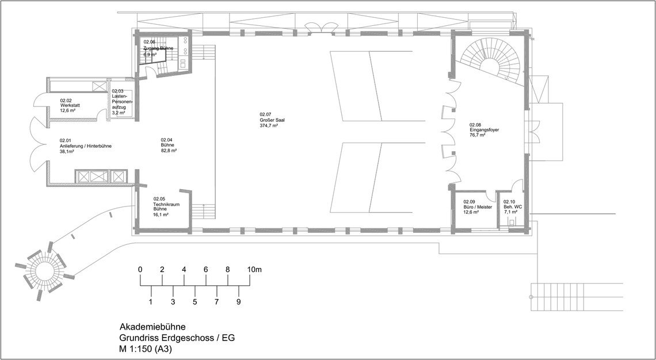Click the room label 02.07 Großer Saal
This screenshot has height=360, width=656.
269,120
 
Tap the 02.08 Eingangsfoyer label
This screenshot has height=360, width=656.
484,130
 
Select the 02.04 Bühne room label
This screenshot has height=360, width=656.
169,145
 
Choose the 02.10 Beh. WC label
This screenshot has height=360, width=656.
513,207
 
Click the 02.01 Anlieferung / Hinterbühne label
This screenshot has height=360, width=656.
85,146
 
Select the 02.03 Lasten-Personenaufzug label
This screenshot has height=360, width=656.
122,102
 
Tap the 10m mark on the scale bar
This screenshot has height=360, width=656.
254,270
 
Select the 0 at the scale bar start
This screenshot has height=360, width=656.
140,270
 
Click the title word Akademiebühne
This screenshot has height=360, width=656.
152,327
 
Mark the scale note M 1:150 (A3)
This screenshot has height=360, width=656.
146,349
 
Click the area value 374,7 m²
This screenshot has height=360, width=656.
269,125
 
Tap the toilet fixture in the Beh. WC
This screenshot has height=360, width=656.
511,223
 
